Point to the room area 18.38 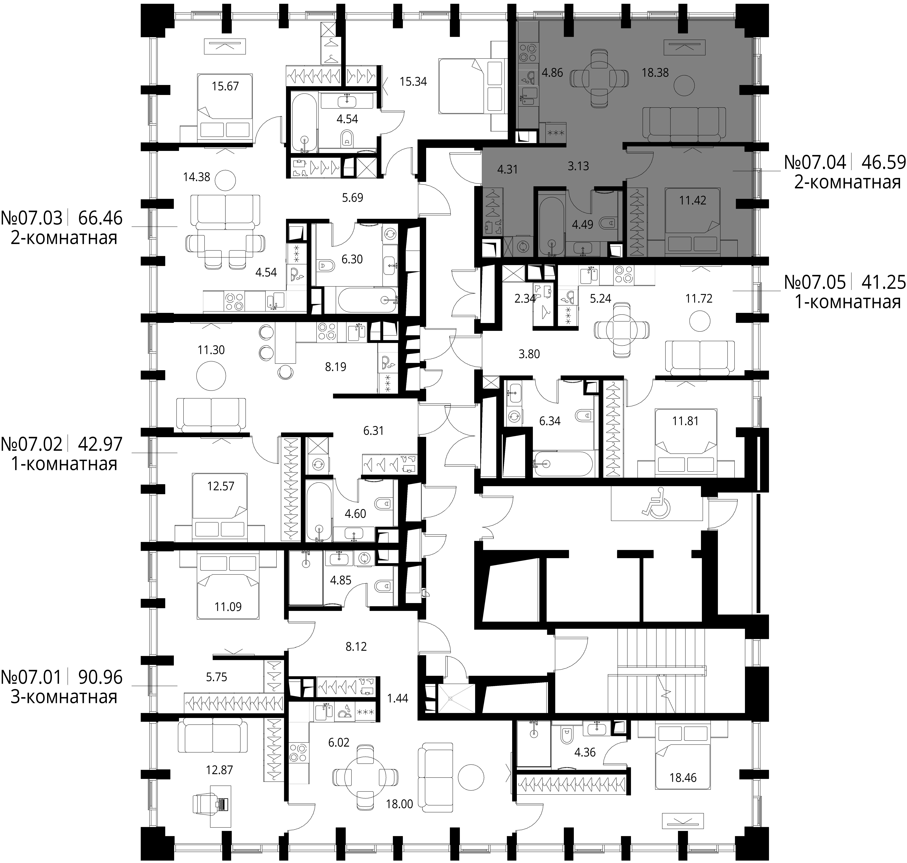[655, 73]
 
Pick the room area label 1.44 [397, 698]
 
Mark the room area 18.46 [683, 777]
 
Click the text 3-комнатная [64, 697]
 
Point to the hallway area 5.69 [352, 198]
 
